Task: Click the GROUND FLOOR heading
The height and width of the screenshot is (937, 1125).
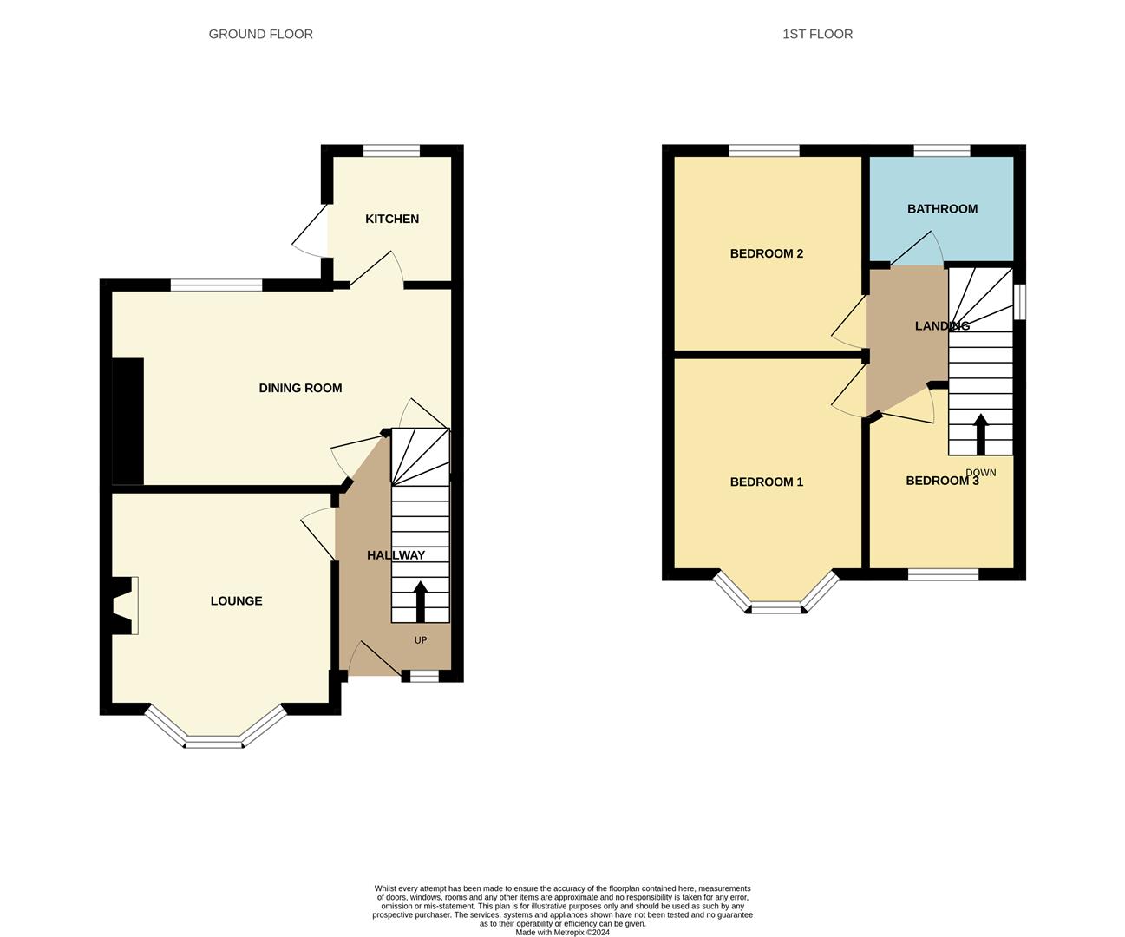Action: click(x=260, y=34)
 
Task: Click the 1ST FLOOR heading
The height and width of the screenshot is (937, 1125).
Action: click(x=817, y=34)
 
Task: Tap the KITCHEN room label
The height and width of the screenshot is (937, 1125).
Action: click(x=392, y=219)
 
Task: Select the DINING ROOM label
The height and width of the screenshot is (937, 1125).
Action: click(x=300, y=388)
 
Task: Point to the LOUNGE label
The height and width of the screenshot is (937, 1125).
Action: click(x=236, y=600)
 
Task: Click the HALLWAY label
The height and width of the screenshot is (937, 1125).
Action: click(x=396, y=555)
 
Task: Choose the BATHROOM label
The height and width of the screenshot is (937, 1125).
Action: click(x=942, y=208)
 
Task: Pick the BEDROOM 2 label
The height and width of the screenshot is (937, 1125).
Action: click(x=766, y=253)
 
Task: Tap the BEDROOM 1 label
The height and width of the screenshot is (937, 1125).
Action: click(x=766, y=482)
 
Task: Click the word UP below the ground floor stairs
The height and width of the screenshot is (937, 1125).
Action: click(x=421, y=640)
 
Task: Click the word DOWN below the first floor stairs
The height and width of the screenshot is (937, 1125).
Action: click(x=981, y=473)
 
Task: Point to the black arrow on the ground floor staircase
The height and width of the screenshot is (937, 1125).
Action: click(x=421, y=600)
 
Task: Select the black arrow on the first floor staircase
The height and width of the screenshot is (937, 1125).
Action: click(x=981, y=434)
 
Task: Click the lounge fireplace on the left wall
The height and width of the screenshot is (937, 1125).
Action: click(x=124, y=606)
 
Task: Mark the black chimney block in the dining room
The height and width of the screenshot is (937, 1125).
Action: click(x=128, y=421)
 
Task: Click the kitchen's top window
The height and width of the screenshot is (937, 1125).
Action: click(x=391, y=151)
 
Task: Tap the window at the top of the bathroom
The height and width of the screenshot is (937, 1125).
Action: click(x=941, y=151)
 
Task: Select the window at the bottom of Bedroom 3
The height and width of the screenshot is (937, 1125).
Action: click(x=943, y=574)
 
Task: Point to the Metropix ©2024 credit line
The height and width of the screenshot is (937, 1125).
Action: click(x=562, y=933)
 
